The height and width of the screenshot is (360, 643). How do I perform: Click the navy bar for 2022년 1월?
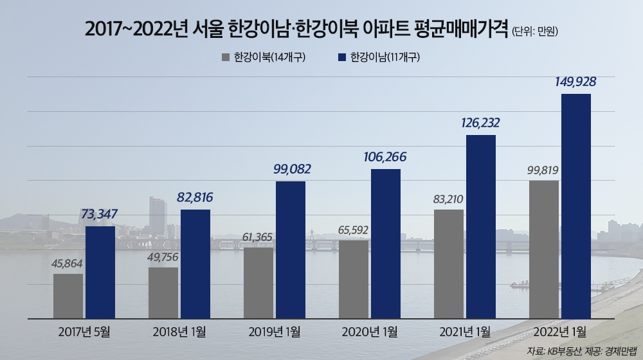coord(575,206)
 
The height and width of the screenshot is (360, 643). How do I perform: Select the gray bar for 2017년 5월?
coord(68,296)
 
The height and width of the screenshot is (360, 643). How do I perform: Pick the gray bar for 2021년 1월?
coord(449,264)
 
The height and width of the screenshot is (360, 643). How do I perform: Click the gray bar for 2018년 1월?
coord(163,292)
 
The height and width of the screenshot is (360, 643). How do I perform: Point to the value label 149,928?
coord(575,82)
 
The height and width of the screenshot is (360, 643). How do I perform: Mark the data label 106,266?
coord(385,157)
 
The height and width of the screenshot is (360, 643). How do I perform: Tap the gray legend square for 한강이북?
coord(226,57)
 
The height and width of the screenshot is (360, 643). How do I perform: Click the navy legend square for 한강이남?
coord(341,57)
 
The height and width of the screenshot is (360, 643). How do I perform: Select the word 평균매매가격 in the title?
coord(462,30)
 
